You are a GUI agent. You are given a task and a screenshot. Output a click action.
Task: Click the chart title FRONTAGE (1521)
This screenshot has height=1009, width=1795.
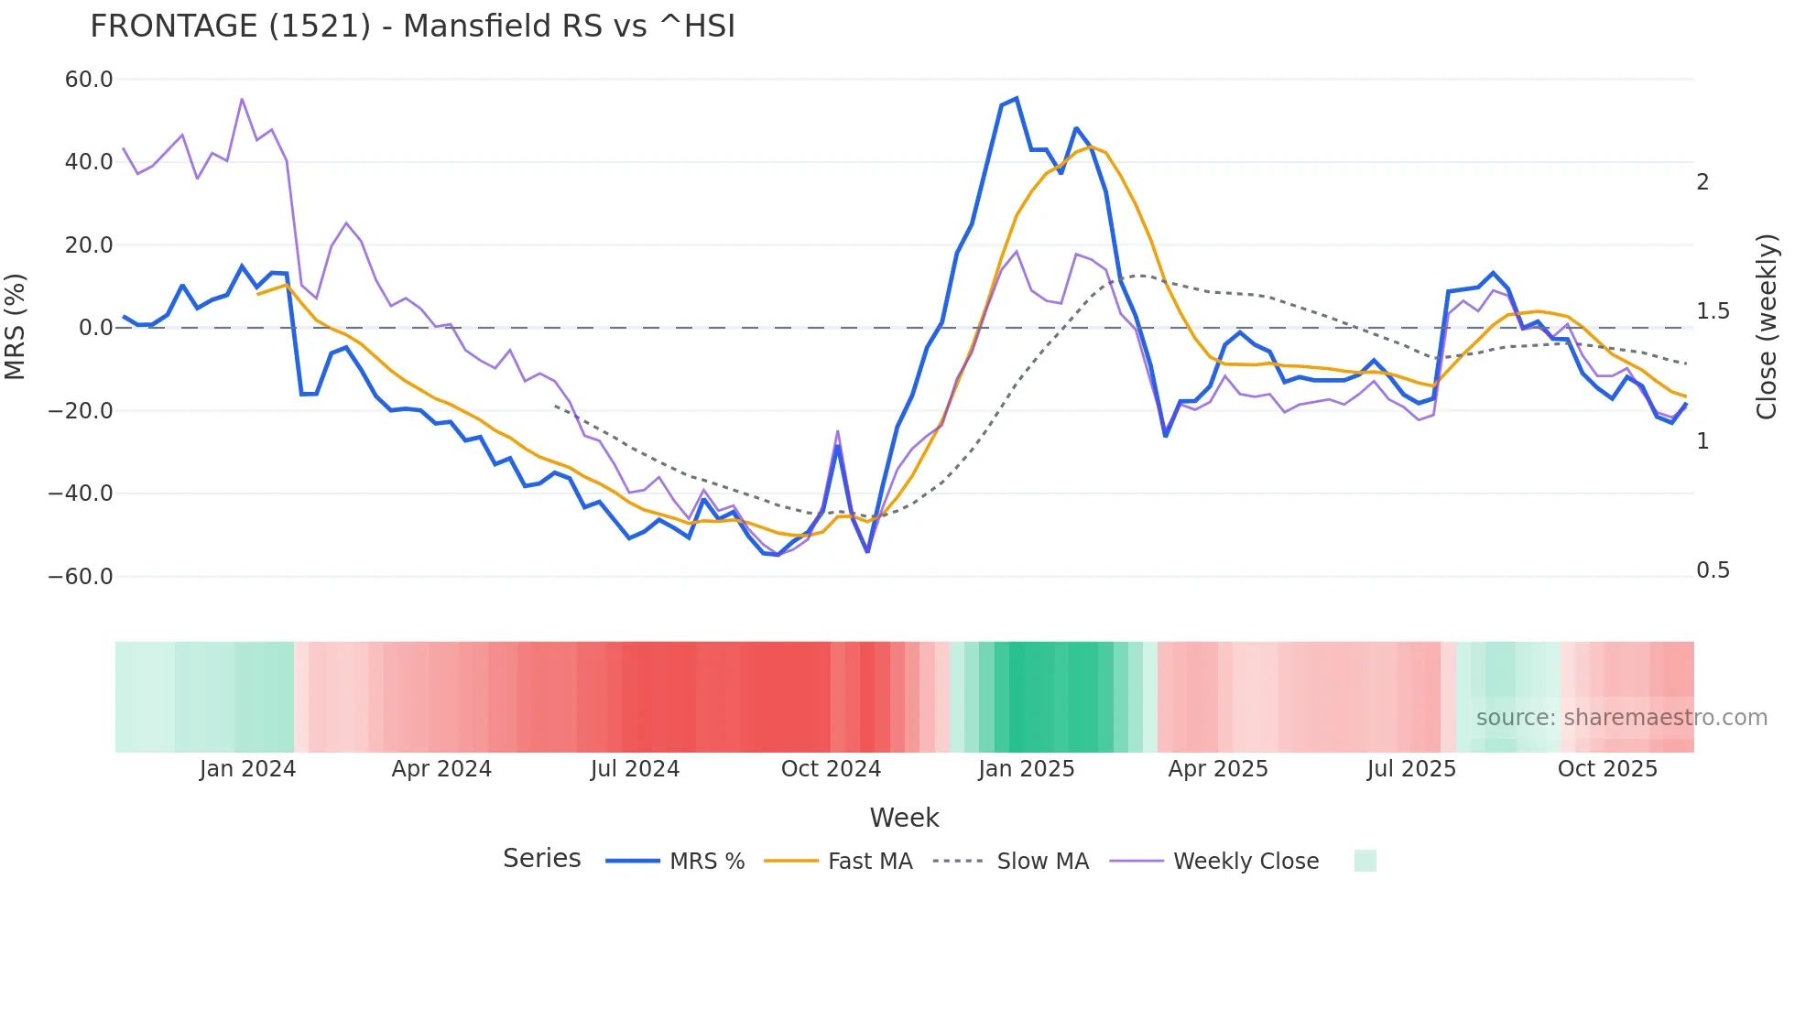412,27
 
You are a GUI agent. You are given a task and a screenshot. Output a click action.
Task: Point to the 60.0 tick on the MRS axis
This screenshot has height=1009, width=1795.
89,80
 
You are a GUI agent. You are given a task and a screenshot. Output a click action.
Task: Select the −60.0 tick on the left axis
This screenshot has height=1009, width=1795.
81,577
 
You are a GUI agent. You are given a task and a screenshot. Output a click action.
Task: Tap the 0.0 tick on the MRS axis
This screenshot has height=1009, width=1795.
95,328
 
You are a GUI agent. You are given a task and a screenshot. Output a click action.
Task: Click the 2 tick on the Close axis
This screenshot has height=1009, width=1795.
1703,182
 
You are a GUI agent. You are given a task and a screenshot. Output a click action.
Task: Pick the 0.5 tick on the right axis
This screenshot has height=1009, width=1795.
1713,570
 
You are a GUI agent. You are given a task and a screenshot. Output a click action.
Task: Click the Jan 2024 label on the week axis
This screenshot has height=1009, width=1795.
247,769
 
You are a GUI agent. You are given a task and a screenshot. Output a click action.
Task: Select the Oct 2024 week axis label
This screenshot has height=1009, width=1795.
831,769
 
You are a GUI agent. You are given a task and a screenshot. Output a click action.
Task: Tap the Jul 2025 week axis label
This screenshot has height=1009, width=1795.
1411,769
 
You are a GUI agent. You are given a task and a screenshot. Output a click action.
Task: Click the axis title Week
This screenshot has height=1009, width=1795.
904,818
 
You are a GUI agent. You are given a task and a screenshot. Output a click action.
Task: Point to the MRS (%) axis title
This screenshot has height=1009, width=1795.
16,327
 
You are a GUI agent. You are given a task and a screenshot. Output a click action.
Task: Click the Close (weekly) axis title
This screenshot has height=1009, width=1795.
1767,327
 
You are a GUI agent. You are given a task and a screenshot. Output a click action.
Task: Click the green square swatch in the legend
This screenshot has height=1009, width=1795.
1365,861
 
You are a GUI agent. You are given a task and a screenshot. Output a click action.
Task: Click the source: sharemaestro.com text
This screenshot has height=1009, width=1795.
1621,718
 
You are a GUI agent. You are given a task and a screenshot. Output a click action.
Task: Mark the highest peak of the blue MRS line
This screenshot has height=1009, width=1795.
1017,99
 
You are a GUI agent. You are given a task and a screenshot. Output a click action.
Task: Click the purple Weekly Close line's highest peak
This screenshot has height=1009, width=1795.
242,99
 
